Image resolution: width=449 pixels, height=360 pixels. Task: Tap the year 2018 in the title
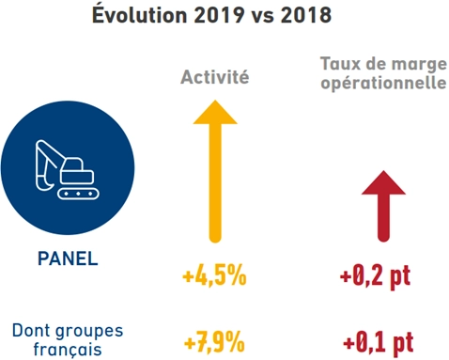tap(310, 16)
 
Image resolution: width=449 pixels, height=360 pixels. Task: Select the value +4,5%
tap(214, 276)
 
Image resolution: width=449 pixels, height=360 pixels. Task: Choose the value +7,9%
tap(214, 337)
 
